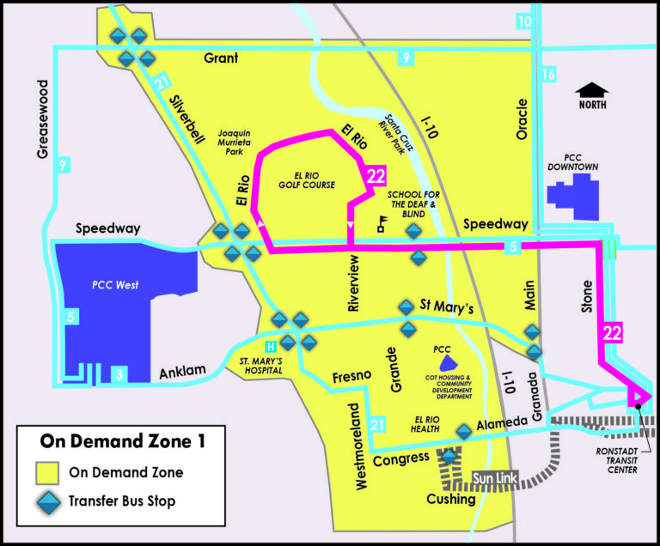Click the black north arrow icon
[x=592, y=89]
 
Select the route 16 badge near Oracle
[x=549, y=76]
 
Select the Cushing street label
[x=451, y=500]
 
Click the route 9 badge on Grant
[x=403, y=58]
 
